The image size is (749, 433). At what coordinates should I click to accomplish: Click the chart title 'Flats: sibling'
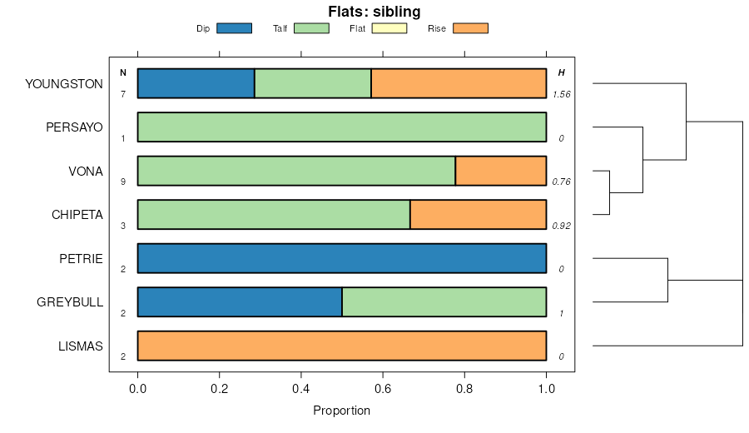[x=374, y=12]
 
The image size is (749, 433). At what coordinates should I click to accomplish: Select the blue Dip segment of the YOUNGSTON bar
[x=196, y=84]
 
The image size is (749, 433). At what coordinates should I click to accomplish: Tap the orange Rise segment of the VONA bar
[x=501, y=171]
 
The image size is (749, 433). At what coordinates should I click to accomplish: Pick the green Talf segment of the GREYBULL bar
[x=444, y=301]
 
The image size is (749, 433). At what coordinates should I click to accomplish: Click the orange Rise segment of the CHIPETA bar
[x=479, y=214]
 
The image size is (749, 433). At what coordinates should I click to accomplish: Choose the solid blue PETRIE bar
[x=341, y=258]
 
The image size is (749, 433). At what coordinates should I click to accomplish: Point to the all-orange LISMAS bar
[x=341, y=346]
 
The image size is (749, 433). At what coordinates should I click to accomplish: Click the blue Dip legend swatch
[x=234, y=28]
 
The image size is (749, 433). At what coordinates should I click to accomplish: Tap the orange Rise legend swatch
[x=470, y=28]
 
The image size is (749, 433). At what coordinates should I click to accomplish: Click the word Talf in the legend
[x=280, y=29]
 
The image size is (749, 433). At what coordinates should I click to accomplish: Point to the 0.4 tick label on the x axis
[x=301, y=387]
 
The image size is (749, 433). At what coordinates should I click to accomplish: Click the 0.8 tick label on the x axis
[x=464, y=387]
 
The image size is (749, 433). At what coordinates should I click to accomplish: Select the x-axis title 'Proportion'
[x=341, y=411]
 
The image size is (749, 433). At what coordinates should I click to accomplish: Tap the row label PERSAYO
[x=75, y=127]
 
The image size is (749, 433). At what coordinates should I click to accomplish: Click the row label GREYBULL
[x=70, y=301]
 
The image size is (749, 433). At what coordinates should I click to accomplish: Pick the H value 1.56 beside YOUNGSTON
[x=562, y=95]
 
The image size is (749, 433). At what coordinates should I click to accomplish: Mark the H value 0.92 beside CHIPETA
[x=562, y=226]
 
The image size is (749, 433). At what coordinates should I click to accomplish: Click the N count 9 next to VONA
[x=123, y=182]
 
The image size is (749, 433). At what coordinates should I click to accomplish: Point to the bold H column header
[x=562, y=73]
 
